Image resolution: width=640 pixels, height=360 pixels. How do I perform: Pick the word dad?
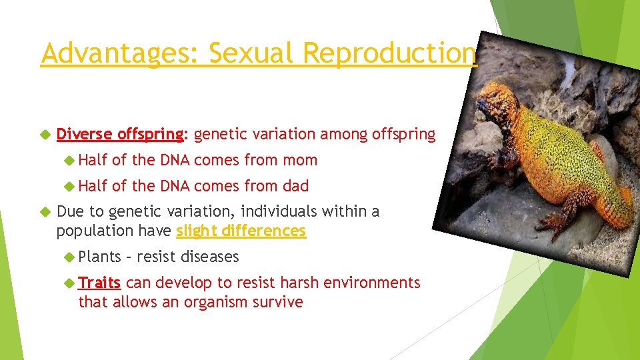click(x=295, y=186)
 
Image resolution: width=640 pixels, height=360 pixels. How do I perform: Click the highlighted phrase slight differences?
click(x=241, y=231)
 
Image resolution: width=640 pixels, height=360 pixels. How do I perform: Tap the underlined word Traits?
click(x=99, y=283)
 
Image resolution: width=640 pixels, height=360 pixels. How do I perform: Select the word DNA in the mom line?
click(x=175, y=160)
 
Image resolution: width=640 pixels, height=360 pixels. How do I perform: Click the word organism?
click(x=220, y=302)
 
